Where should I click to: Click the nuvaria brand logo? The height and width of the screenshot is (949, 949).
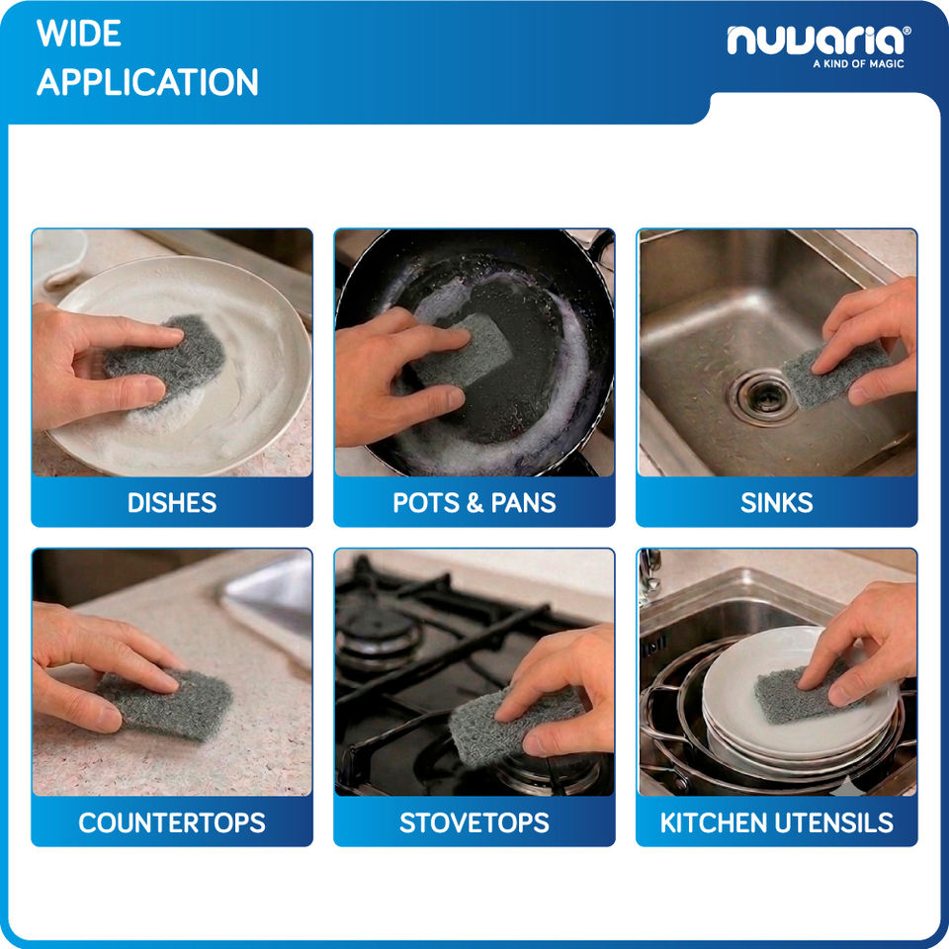tap(819, 41)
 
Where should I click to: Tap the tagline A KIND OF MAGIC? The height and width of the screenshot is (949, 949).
tap(858, 63)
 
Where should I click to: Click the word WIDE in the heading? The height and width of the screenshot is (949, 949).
tap(79, 34)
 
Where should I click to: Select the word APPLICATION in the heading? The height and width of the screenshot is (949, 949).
tap(147, 82)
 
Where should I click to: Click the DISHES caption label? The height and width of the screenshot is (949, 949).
tap(172, 503)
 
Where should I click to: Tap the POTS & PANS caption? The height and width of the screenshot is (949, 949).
tap(474, 503)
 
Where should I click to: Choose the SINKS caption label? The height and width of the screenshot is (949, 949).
tap(777, 503)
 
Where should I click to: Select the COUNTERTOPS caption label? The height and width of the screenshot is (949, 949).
tap(172, 822)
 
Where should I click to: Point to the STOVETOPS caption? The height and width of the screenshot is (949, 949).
tap(474, 822)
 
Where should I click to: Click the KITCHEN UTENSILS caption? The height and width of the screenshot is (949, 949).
tap(777, 822)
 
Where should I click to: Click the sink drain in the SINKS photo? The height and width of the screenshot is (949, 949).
tap(762, 396)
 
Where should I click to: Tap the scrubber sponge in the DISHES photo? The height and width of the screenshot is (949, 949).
tap(165, 355)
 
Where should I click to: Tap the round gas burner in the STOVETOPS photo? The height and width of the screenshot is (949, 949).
tap(379, 633)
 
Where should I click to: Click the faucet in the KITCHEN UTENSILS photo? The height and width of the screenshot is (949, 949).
tap(649, 576)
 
